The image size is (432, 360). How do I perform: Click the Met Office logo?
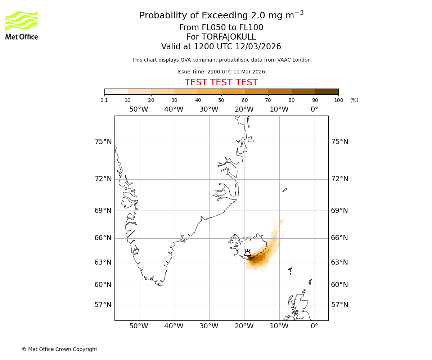click(22, 25)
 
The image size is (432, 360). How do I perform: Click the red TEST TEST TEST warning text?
click(221, 83)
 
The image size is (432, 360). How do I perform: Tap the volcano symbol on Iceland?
click(247, 253)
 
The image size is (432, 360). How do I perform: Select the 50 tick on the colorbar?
click(221, 100)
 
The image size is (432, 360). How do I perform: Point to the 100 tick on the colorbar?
click(338, 100)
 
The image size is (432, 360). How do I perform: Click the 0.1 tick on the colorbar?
click(104, 100)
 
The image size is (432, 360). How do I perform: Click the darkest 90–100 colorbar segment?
click(327, 91)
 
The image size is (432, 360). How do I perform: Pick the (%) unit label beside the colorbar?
click(354, 100)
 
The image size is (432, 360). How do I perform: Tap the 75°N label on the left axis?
click(103, 142)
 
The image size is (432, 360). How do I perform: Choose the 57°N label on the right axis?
click(339, 305)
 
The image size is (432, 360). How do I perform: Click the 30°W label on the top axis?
click(209, 109)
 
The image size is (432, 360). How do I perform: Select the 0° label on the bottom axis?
click(314, 326)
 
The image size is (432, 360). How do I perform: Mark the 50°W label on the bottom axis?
click(139, 326)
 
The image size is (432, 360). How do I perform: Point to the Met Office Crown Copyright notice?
click(59, 349)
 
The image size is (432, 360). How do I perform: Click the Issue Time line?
click(221, 72)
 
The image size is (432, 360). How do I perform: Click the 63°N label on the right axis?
click(339, 262)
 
